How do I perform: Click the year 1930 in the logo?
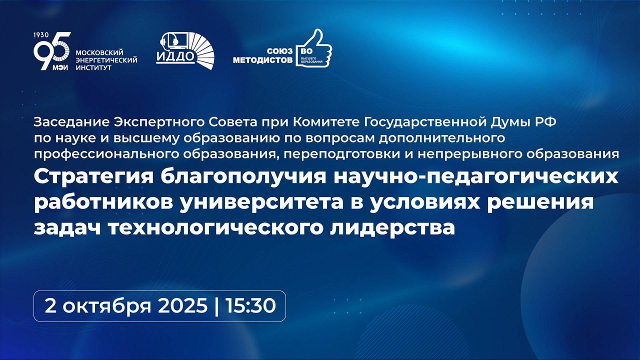41,35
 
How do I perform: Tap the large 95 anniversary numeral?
51,51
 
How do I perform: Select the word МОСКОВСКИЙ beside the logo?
99,53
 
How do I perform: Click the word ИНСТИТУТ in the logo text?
93,68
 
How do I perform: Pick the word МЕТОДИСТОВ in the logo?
263,60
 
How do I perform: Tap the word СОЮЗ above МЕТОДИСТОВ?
280,51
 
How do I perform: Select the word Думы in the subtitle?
512,123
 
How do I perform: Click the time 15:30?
250,306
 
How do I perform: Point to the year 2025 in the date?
182,306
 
